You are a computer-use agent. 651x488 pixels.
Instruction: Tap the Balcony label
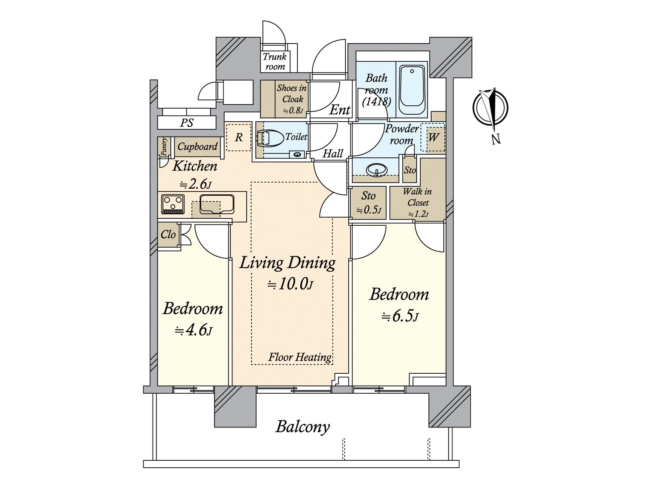[x=302, y=427]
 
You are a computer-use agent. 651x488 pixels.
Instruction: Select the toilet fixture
[x=271, y=138]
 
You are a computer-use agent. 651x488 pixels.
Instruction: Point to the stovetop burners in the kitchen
[x=173, y=204]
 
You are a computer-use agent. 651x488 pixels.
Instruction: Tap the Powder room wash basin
[x=377, y=170]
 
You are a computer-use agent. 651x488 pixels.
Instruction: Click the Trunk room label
[x=275, y=61]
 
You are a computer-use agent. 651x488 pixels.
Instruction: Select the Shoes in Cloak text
[x=292, y=94]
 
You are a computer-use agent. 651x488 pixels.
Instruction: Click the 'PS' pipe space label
[x=187, y=123]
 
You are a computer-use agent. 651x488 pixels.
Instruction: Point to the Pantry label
[x=164, y=146]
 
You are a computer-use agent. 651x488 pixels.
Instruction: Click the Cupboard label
[x=197, y=147]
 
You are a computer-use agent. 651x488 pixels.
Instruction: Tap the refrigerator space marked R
[x=239, y=137]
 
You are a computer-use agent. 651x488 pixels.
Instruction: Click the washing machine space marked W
[x=433, y=137]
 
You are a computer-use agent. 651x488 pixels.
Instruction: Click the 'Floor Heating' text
[x=300, y=357]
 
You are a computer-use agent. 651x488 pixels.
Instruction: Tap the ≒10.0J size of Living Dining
[x=290, y=284]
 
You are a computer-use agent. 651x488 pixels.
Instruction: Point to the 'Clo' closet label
[x=168, y=235]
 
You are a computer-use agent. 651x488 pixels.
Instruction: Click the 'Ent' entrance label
[x=340, y=110]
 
